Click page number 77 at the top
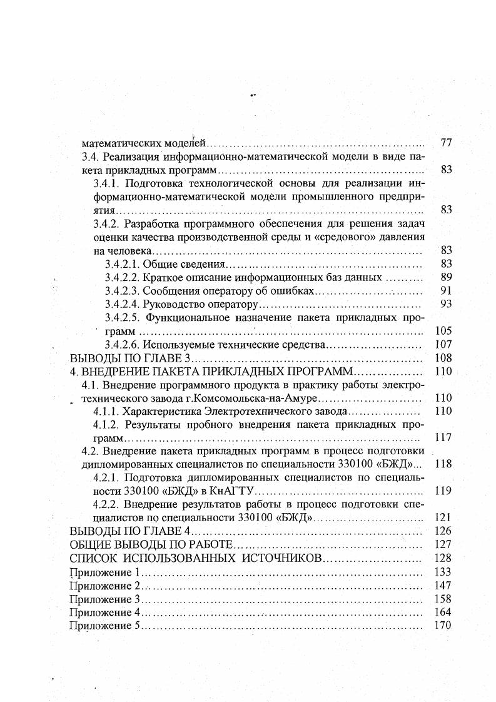tap(446, 143)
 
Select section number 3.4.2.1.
tap(122, 263)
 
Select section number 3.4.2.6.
tap(122, 344)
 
